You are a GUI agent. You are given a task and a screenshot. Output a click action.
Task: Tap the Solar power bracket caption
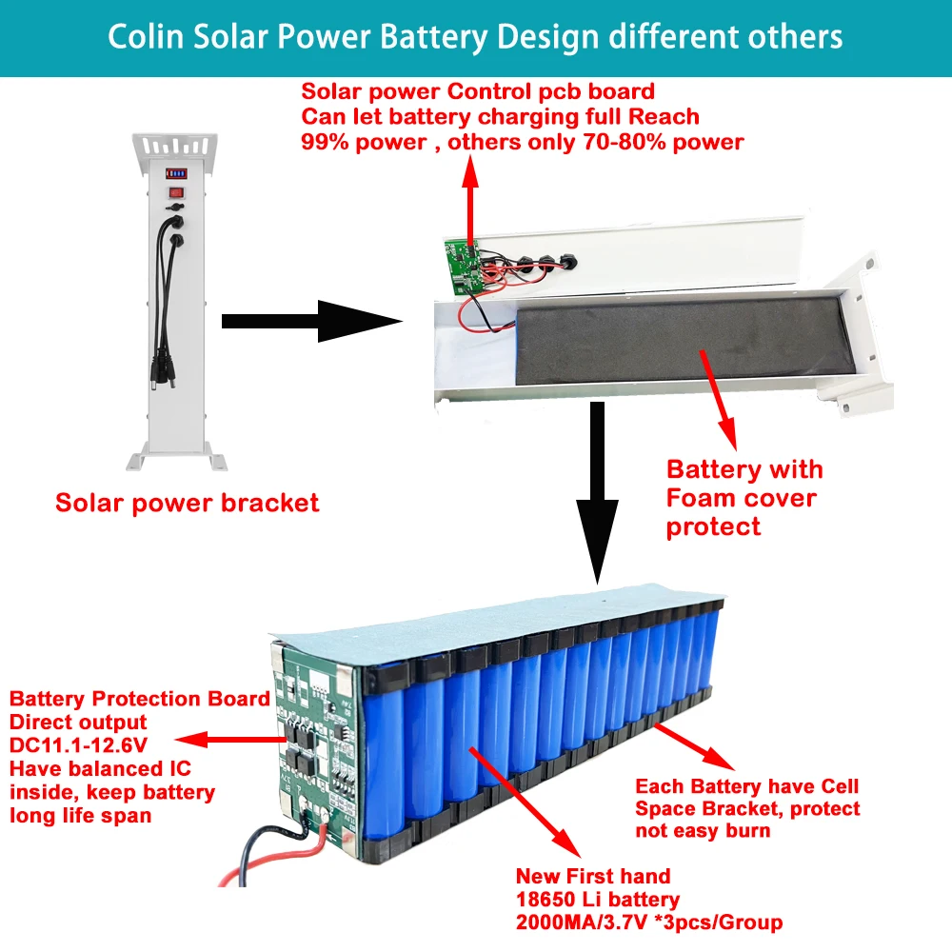(x=187, y=503)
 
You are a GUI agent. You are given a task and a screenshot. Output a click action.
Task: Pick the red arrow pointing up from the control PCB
(x=468, y=200)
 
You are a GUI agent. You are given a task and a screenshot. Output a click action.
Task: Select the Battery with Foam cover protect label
(x=744, y=498)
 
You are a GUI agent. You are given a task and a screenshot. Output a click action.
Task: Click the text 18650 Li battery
(x=597, y=900)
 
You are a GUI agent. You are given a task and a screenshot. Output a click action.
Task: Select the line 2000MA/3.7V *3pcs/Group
(x=648, y=922)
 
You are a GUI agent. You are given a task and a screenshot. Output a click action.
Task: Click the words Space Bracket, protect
(x=746, y=808)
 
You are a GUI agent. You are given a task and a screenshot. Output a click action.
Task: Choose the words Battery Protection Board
(x=139, y=700)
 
